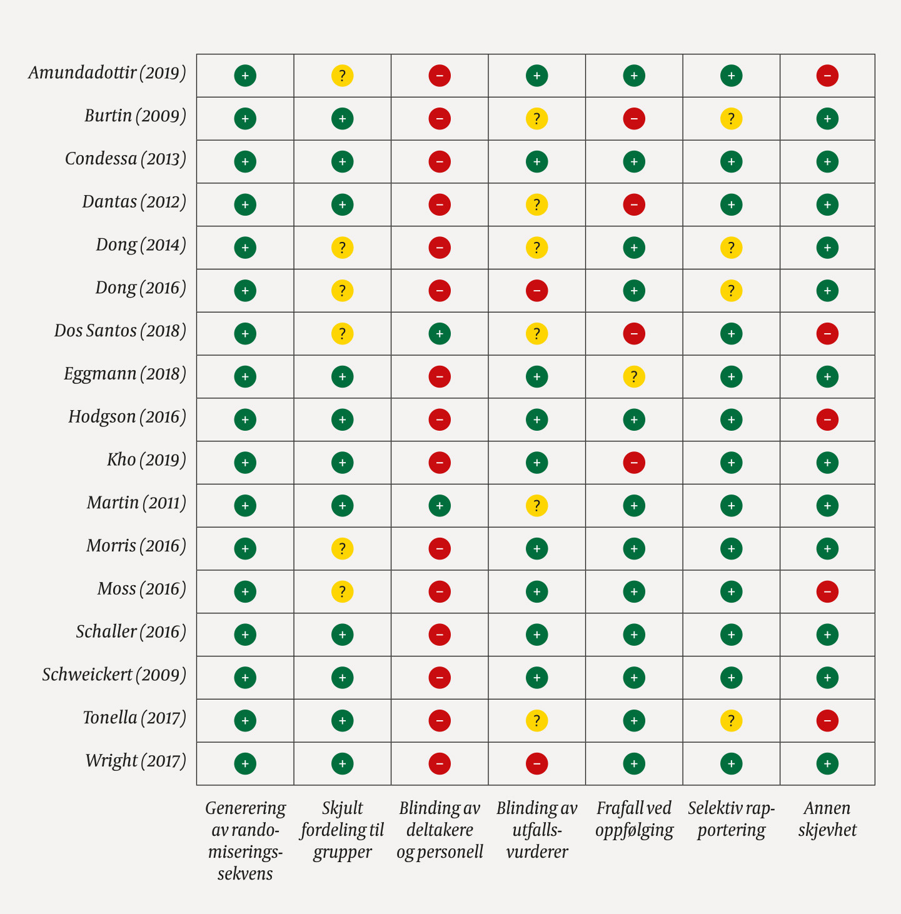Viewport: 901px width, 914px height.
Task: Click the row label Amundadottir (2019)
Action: pyautogui.click(x=107, y=73)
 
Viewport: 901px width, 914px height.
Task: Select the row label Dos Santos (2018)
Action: pyautogui.click(x=120, y=331)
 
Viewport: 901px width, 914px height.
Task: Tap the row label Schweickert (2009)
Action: pyautogui.click(x=114, y=675)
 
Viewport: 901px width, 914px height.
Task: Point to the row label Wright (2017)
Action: pyautogui.click(x=136, y=761)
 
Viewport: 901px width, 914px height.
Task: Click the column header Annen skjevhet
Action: pyautogui.click(x=827, y=819)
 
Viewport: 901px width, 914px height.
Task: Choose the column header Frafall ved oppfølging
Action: pyautogui.click(x=634, y=819)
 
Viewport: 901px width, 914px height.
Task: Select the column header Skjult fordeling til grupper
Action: pyautogui.click(x=342, y=830)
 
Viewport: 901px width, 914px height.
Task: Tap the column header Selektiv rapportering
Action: pyautogui.click(x=731, y=819)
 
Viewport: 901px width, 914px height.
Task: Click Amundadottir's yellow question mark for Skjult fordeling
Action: pyautogui.click(x=342, y=76)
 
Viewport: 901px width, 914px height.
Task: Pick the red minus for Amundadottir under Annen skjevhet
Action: pyautogui.click(x=827, y=76)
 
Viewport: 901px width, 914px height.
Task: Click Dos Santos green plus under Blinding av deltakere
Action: pyautogui.click(x=440, y=334)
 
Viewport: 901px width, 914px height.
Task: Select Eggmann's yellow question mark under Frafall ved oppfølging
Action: pyautogui.click(x=634, y=377)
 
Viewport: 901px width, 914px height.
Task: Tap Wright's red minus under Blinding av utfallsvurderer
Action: pyautogui.click(x=537, y=763)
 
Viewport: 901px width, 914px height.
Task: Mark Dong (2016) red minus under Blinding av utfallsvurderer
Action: pyautogui.click(x=537, y=291)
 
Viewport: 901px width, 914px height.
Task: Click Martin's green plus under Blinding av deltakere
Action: pyautogui.click(x=440, y=506)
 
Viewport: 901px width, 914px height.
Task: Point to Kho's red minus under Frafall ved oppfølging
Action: pyautogui.click(x=634, y=463)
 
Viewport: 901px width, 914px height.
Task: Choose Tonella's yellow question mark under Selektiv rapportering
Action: pyautogui.click(x=731, y=721)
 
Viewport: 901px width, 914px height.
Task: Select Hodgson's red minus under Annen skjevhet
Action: pyautogui.click(x=827, y=419)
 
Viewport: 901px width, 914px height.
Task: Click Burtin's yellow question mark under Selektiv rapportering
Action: pyautogui.click(x=731, y=119)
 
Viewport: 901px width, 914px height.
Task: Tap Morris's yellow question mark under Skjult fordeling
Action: pyautogui.click(x=342, y=549)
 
